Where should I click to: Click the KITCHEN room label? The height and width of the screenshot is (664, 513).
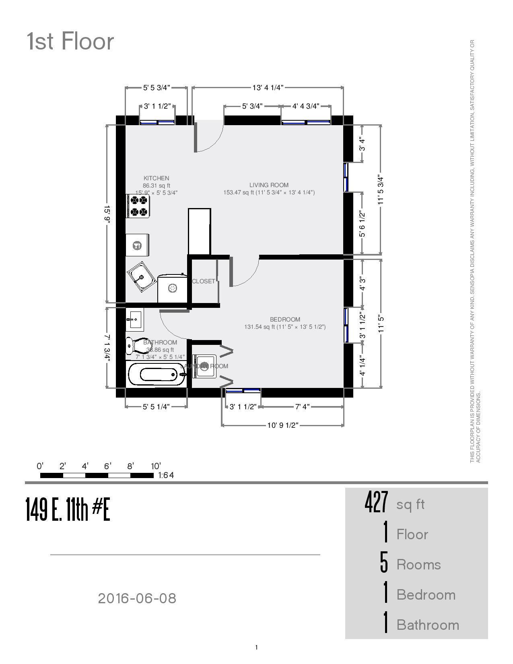pos(156,178)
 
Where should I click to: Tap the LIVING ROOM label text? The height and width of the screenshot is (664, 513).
pos(269,185)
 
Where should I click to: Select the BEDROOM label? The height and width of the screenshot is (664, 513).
pos(285,320)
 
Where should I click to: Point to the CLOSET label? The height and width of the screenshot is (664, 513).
pos(203,281)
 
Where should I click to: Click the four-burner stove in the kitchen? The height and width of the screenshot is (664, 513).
pos(138,206)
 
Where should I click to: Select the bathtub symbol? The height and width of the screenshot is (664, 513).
pos(157,374)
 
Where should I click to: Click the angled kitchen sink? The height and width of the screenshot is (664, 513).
pos(142,276)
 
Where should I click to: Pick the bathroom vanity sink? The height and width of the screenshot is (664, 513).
pos(134,320)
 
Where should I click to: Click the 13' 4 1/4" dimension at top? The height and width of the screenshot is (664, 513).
pos(268,87)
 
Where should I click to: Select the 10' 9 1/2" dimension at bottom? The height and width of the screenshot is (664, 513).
pos(282,425)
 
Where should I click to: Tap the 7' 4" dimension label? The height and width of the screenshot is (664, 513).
pos(302,407)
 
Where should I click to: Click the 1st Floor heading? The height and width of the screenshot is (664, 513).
pos(70,41)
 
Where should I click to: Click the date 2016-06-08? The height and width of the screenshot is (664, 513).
pos(137,598)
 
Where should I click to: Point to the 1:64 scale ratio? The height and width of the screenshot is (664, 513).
pos(166,475)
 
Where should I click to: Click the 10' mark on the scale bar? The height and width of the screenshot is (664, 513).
pos(156,466)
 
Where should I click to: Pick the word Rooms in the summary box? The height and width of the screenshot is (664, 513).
pos(418,565)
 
